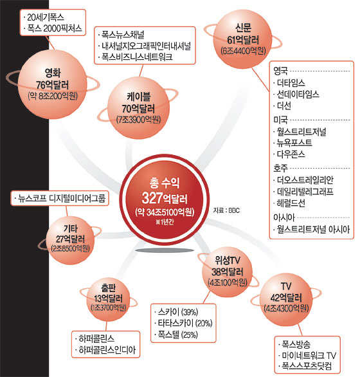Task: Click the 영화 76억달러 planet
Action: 52,84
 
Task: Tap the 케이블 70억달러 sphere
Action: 138,108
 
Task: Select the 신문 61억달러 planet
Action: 243,39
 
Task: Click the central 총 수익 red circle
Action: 165,200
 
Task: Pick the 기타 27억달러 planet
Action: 70,241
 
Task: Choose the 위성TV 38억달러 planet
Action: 227,271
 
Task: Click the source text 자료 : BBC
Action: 226,210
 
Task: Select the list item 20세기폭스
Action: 45,17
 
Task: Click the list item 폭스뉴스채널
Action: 122,35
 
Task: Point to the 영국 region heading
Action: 280,71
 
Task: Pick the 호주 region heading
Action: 280,168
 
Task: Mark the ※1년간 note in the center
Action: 165,222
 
